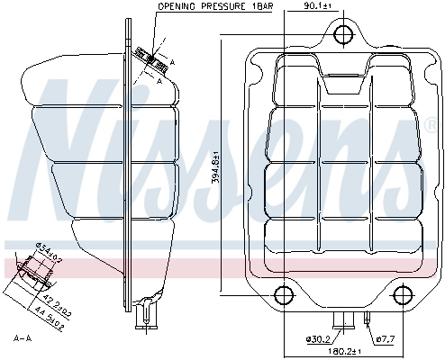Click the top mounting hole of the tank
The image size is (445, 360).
point(341,35)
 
